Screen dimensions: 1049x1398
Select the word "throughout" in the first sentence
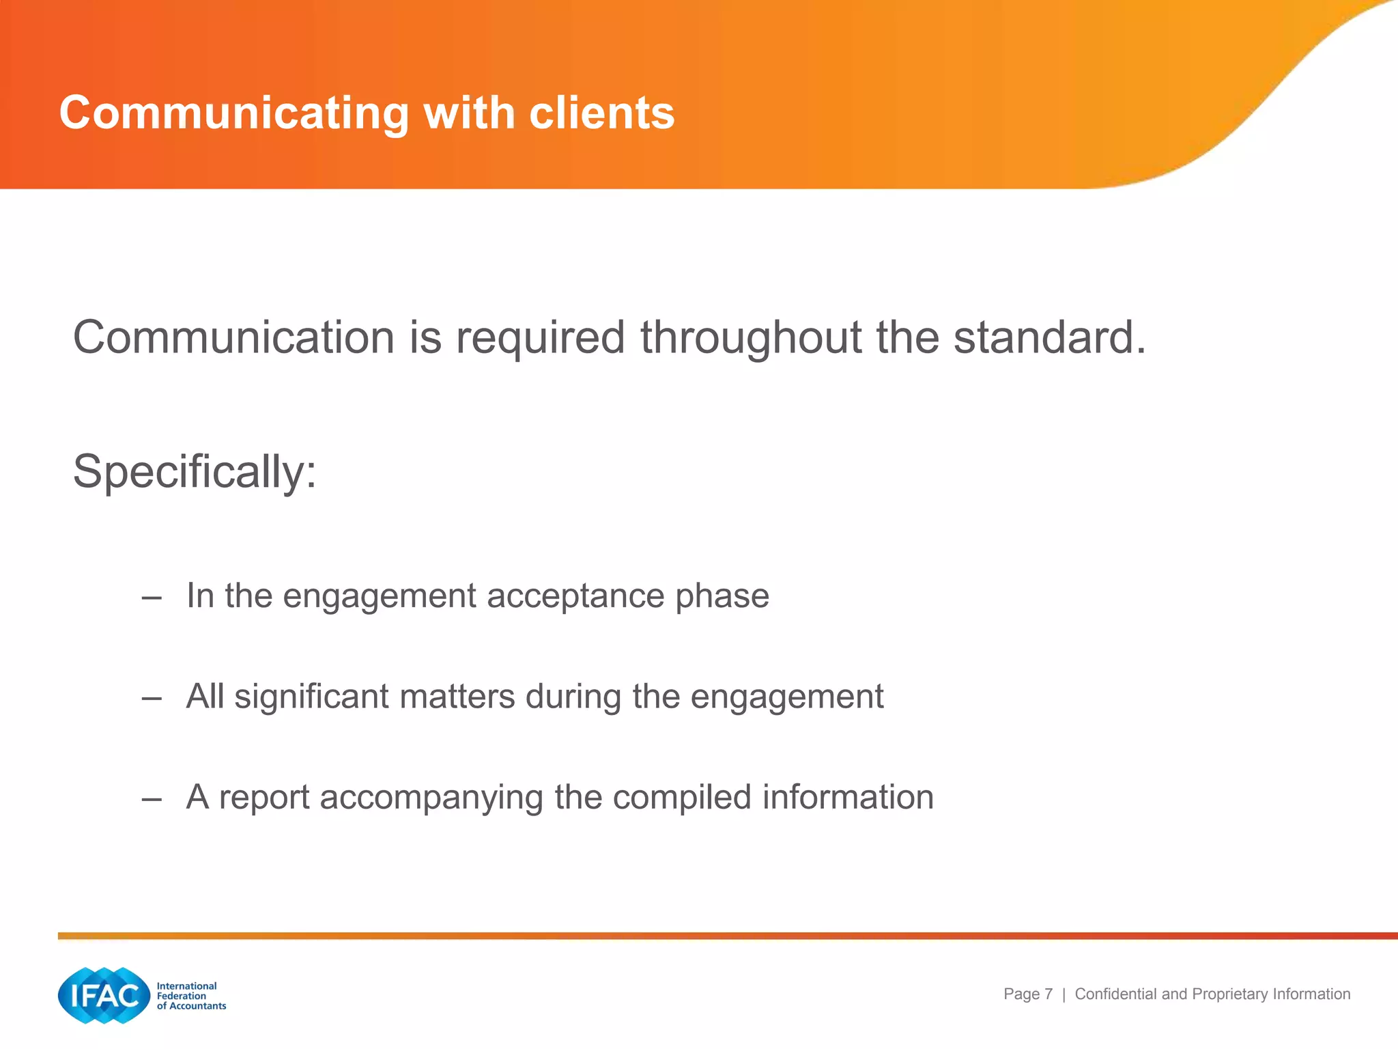coord(751,338)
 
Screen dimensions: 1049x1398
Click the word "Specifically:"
coord(195,472)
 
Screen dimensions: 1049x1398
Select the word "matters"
coord(457,697)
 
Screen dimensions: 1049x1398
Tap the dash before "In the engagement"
coord(152,598)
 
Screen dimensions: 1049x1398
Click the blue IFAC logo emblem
coord(104,995)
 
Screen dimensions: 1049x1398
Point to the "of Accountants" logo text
coord(191,1006)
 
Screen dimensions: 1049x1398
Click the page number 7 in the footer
coord(1048,994)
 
